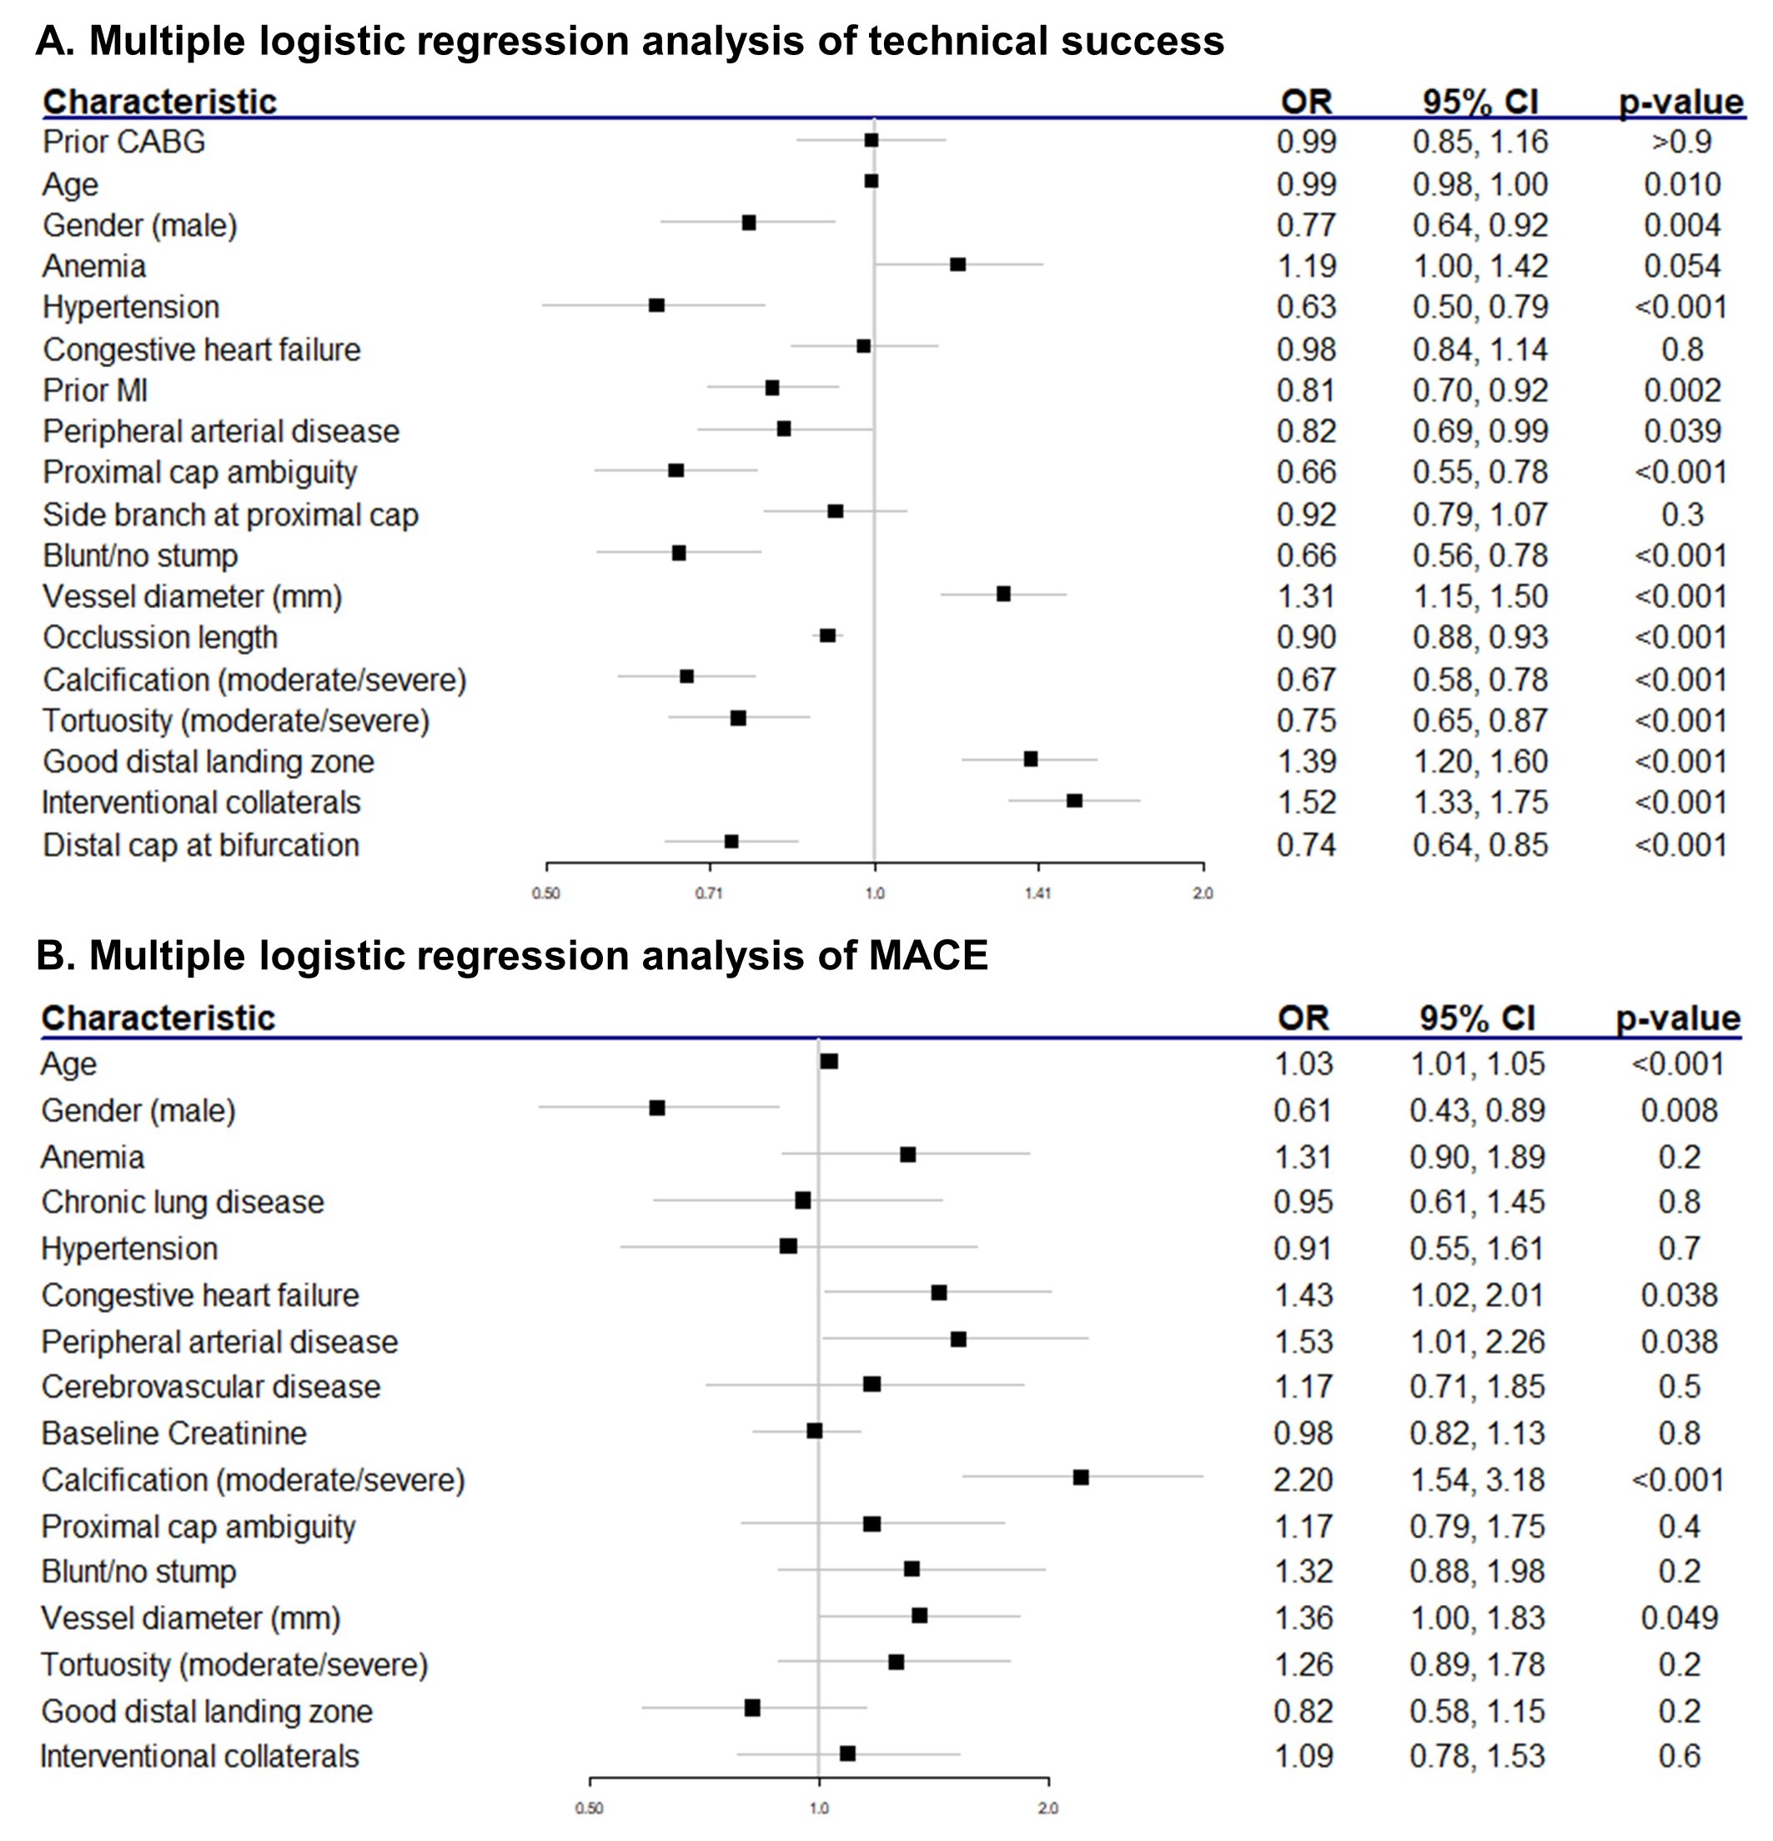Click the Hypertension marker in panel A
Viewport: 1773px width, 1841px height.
pyautogui.click(x=656, y=305)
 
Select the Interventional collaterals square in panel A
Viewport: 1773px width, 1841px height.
pyautogui.click(x=1074, y=801)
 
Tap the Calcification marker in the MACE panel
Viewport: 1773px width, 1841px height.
pyautogui.click(x=1081, y=1477)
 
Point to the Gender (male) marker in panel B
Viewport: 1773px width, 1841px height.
pyautogui.click(x=657, y=1109)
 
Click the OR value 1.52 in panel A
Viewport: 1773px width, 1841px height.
pyautogui.click(x=1306, y=803)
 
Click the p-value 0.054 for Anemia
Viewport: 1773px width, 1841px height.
pyautogui.click(x=1682, y=267)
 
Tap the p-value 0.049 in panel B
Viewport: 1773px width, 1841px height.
pyautogui.click(x=1679, y=1617)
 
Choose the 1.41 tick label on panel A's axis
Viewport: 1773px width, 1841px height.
pyautogui.click(x=1037, y=893)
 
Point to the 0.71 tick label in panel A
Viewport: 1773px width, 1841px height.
pyautogui.click(x=709, y=893)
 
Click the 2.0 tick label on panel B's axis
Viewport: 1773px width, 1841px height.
pyautogui.click(x=1048, y=1808)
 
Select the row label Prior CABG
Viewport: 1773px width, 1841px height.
pyautogui.click(x=124, y=142)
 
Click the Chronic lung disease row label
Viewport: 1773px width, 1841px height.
pyautogui.click(x=182, y=1202)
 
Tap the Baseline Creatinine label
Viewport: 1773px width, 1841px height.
pyautogui.click(x=173, y=1433)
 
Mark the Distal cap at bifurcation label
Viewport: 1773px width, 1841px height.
pyautogui.click(x=201, y=845)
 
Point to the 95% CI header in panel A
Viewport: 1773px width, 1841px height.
pyautogui.click(x=1480, y=102)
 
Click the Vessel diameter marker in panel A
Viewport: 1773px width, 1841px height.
pyautogui.click(x=1003, y=594)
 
